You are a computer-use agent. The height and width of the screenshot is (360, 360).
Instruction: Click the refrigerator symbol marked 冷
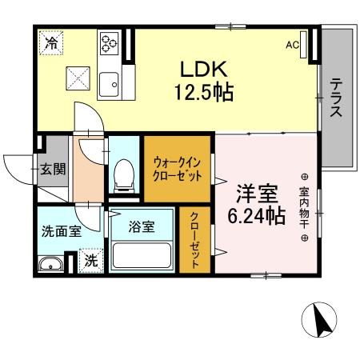pos(50,42)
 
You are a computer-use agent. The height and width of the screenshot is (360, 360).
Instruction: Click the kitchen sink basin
pos(108,81)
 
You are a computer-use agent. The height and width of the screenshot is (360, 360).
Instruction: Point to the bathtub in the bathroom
pos(142,255)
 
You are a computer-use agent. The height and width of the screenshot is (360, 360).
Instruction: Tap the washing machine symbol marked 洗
pos(91,261)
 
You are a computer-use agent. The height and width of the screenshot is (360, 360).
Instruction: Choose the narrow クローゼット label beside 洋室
pos(194,240)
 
